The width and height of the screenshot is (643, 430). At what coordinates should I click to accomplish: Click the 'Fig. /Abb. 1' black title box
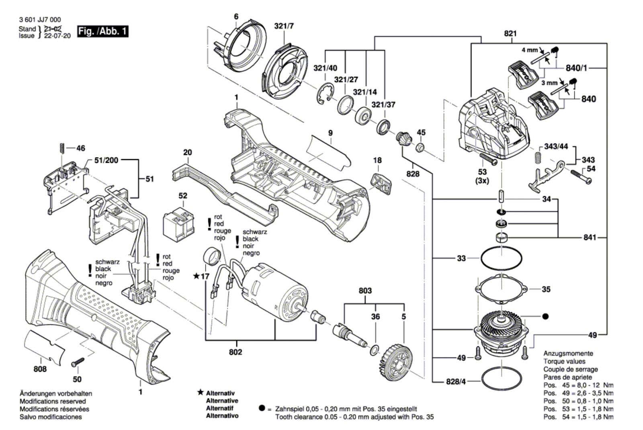click(103, 31)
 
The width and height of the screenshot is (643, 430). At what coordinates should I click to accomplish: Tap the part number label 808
click(40, 369)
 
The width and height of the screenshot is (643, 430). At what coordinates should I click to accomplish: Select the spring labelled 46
click(62, 147)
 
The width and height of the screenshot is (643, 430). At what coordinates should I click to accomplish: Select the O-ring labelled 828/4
click(502, 379)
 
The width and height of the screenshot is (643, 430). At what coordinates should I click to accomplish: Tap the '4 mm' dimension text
click(529, 50)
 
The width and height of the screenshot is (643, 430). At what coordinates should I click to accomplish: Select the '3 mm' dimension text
click(549, 83)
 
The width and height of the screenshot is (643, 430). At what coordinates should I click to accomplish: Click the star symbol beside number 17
click(196, 276)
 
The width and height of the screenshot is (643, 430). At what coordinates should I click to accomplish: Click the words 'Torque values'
click(562, 361)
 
